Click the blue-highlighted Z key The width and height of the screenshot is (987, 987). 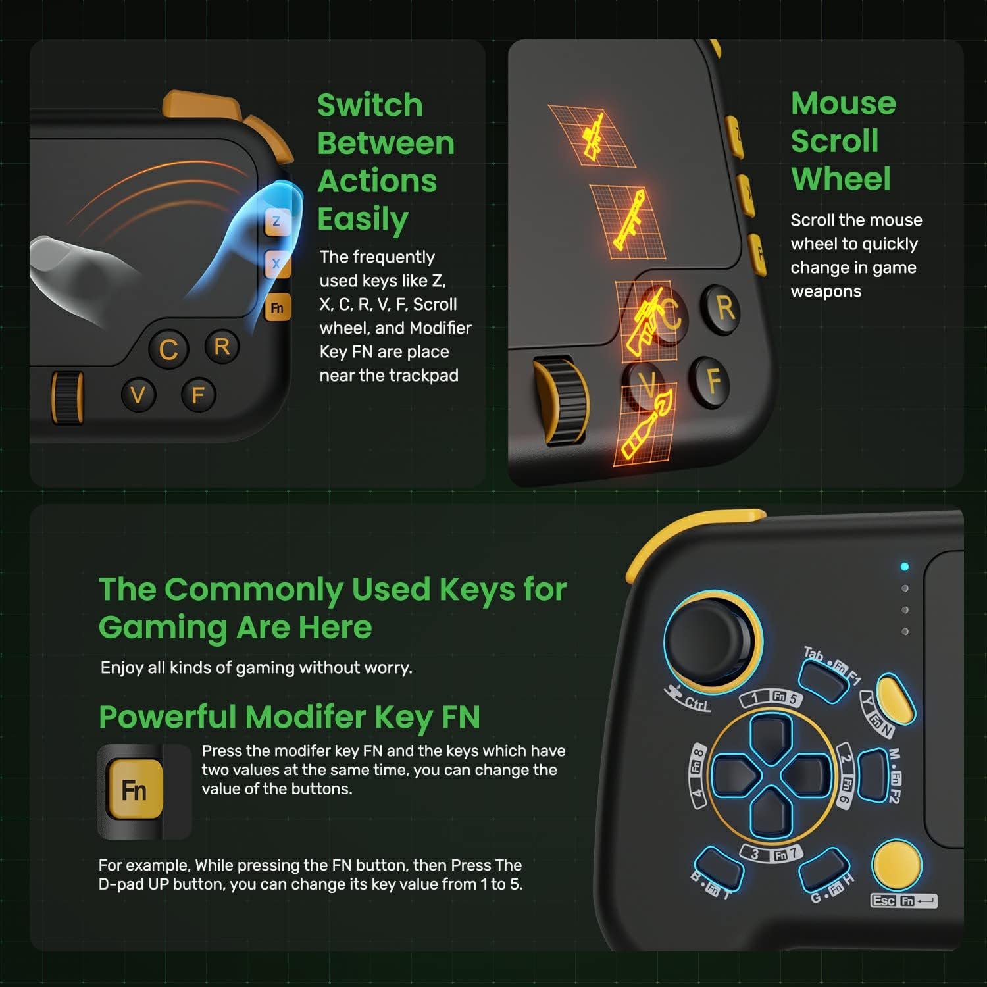pyautogui.click(x=276, y=222)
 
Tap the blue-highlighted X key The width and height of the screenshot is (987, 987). pyautogui.click(x=276, y=264)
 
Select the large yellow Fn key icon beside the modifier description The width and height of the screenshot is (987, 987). pyautogui.click(x=134, y=790)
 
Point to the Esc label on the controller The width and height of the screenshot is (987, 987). pyautogui.click(x=883, y=900)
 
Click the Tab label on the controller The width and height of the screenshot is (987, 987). pyautogui.click(x=814, y=654)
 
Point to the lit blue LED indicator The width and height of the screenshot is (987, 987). pyautogui.click(x=905, y=567)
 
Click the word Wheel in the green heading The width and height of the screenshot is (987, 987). pyautogui.click(x=841, y=179)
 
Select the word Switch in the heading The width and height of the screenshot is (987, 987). pyautogui.click(x=370, y=105)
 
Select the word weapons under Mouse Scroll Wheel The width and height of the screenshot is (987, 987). pyautogui.click(x=826, y=291)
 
